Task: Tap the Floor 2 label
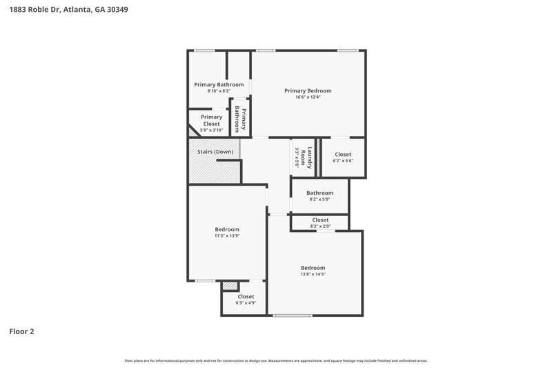pyautogui.click(x=21, y=331)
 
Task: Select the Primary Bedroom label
pyautogui.click(x=308, y=90)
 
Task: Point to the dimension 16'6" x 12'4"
pyautogui.click(x=308, y=97)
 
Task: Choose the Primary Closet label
pyautogui.click(x=211, y=120)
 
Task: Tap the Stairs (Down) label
pyautogui.click(x=215, y=151)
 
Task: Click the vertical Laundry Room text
pyautogui.click(x=310, y=157)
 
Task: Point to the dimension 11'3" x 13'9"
pyautogui.click(x=226, y=235)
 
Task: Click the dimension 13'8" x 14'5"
pyautogui.click(x=313, y=274)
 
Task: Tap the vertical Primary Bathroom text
pyautogui.click(x=241, y=119)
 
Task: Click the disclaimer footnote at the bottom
pyautogui.click(x=276, y=360)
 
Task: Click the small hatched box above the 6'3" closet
pyautogui.click(x=230, y=286)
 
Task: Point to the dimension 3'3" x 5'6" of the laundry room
pyautogui.click(x=297, y=157)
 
